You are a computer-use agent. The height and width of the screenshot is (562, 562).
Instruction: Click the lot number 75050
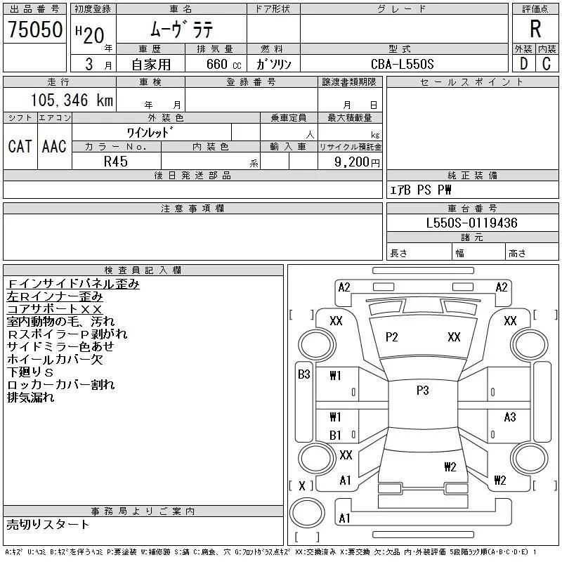click(35, 30)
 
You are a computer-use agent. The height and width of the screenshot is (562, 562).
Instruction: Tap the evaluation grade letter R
click(535, 29)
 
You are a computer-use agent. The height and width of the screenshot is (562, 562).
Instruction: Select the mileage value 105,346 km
click(72, 100)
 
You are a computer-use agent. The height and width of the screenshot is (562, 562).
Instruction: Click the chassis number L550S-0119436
click(471, 223)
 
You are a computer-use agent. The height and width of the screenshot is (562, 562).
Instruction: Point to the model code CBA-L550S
click(402, 64)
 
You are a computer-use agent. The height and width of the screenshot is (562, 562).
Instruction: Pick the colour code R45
click(116, 162)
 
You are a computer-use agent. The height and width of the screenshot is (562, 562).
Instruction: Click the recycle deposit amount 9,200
click(352, 162)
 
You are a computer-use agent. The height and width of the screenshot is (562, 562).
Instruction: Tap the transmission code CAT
click(20, 146)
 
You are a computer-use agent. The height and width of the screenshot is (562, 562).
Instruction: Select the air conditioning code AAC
click(54, 146)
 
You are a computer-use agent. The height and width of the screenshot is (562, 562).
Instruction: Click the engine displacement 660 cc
click(223, 64)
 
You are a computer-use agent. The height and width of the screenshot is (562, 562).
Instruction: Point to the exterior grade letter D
click(523, 64)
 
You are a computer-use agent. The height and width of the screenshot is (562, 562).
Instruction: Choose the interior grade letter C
click(547, 64)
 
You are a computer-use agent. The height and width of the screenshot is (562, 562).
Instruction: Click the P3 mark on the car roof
click(423, 391)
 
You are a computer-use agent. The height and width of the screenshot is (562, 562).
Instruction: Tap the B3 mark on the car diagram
click(304, 374)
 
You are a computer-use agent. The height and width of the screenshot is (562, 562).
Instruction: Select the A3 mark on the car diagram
click(510, 417)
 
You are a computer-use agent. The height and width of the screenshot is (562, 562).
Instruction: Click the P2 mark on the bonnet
click(391, 337)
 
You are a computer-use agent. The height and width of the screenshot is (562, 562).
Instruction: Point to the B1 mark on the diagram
click(335, 435)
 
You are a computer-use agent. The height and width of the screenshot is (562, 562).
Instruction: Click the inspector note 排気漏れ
click(30, 397)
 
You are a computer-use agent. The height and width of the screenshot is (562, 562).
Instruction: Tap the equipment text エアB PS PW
click(420, 190)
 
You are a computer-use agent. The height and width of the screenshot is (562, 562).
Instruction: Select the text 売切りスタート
click(48, 524)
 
